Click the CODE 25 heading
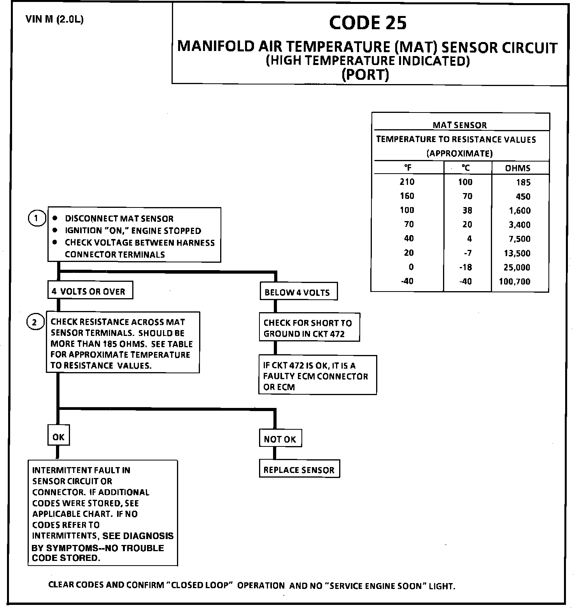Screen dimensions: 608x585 [x=368, y=23]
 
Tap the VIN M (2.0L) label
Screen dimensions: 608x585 [x=54, y=19]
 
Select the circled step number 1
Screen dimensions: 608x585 [x=36, y=218]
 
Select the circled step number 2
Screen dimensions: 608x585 [x=35, y=322]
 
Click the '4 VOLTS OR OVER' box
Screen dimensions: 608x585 [x=90, y=291]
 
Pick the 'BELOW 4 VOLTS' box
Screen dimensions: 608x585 [x=298, y=292]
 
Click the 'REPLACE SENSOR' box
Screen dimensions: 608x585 [x=299, y=470]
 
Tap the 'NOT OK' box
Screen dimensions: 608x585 [x=280, y=439]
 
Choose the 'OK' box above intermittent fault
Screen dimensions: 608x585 [x=58, y=437]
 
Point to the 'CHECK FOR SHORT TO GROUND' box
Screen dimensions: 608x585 [x=309, y=328]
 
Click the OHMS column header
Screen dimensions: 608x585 [x=518, y=168]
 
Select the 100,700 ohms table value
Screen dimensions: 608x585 [x=514, y=281]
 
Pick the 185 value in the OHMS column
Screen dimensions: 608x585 [x=523, y=182]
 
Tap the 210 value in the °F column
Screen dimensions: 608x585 [x=407, y=182]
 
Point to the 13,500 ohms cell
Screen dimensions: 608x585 [x=517, y=253]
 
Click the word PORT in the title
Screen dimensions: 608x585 [x=365, y=74]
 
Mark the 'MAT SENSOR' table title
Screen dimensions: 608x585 [x=460, y=125]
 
